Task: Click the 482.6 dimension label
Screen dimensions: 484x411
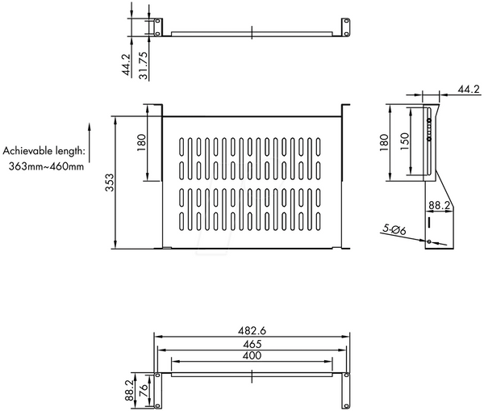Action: pos(252,331)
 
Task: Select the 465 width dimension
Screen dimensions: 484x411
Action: pos(252,344)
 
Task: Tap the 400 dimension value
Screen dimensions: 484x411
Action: pos(252,355)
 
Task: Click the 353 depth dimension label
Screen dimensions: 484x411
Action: pos(110,182)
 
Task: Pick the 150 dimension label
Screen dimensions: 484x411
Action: pos(404,141)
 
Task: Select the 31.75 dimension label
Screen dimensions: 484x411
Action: pos(144,65)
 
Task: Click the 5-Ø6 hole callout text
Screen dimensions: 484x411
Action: pos(394,229)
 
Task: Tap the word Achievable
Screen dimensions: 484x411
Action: pos(28,151)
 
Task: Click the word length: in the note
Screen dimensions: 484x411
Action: pos(70,151)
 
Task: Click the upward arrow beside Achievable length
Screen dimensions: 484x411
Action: pos(90,142)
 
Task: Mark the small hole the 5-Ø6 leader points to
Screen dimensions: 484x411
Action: pos(429,241)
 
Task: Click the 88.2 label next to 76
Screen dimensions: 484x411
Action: pos(130,390)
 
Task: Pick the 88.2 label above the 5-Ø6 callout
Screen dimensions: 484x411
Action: pos(440,205)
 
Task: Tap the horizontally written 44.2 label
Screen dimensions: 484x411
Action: pos(469,90)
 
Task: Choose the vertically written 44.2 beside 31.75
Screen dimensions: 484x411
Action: pos(127,65)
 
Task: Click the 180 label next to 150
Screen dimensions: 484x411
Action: pos(384,142)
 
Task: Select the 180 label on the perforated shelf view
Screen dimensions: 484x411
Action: pos(140,142)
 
